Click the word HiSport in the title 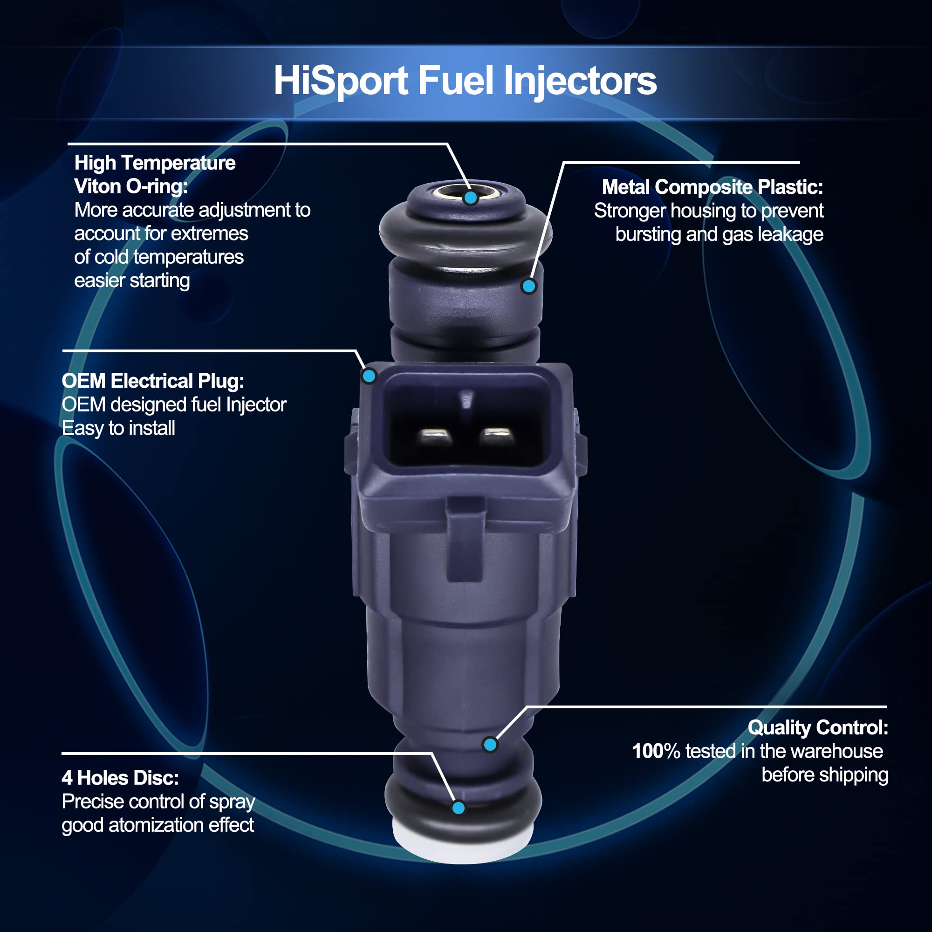point(341,82)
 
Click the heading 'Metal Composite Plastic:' point(712,187)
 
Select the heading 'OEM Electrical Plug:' point(153,381)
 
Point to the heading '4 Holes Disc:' point(120,778)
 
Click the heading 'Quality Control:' point(818,728)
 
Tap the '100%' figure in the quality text point(656,751)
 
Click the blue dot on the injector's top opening point(470,197)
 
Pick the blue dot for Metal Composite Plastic point(529,286)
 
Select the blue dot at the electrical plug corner point(369,376)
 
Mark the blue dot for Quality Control point(490,744)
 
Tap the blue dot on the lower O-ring point(458,808)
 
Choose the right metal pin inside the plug point(497,436)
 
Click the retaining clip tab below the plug point(465,539)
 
